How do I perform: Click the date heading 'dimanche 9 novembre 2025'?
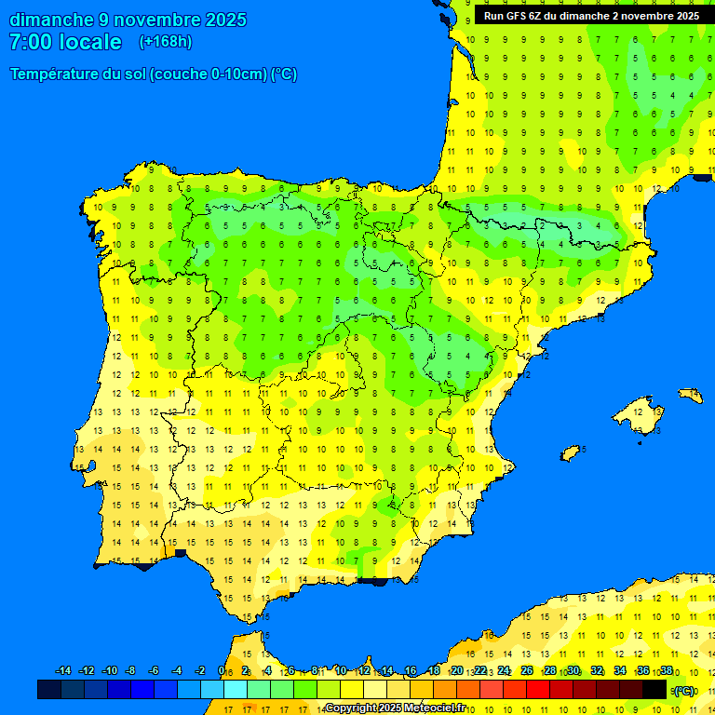click(128, 20)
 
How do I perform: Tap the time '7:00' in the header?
click(30, 42)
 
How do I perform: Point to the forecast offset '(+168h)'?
click(165, 42)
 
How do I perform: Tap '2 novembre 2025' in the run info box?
click(655, 16)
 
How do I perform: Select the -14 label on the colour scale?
click(63, 671)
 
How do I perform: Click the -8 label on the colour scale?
click(131, 671)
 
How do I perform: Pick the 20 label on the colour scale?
click(457, 671)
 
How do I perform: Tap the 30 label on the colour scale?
click(573, 671)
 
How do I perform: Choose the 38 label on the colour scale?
click(667, 671)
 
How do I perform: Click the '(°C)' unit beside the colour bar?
click(684, 691)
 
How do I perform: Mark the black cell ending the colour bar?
click(654, 690)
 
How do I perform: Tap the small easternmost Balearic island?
click(690, 396)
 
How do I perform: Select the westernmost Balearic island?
click(571, 453)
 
